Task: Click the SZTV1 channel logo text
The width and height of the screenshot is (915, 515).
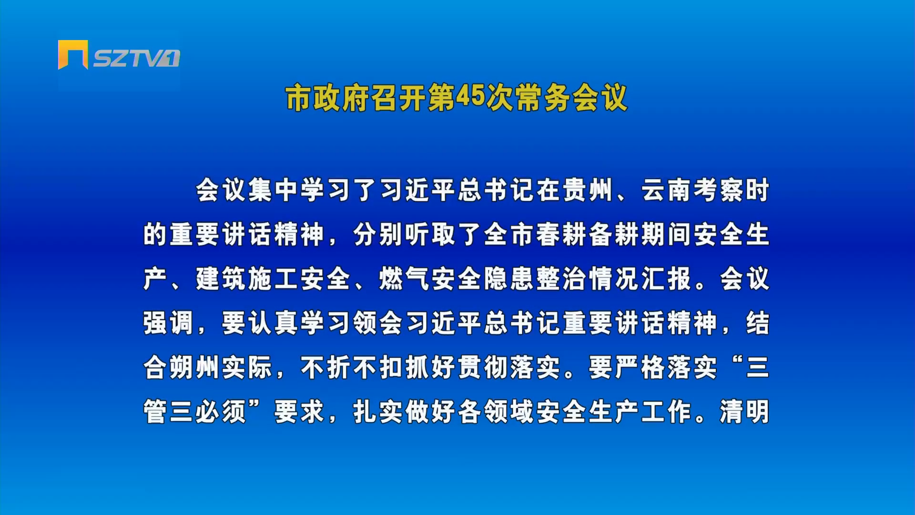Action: [137, 58]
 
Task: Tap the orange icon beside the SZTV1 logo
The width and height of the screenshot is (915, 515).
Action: [73, 54]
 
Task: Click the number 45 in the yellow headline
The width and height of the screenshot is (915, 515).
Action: [470, 97]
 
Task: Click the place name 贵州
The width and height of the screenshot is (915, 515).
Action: [588, 190]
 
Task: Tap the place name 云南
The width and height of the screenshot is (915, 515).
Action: [666, 190]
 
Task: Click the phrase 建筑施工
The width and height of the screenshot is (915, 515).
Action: [247, 279]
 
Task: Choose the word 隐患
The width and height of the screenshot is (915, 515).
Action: [509, 279]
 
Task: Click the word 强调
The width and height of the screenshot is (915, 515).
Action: [168, 323]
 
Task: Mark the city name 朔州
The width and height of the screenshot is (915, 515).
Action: [194, 368]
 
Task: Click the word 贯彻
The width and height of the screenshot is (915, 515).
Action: [483, 368]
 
